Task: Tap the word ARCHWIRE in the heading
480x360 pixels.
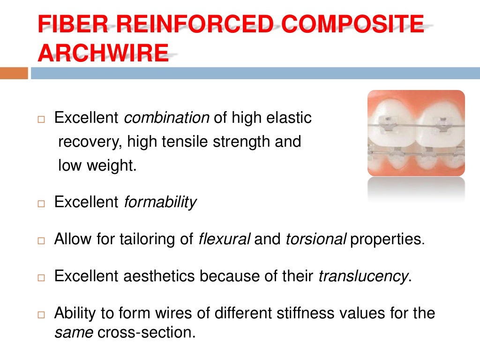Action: coord(103,53)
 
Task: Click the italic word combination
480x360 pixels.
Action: coord(166,118)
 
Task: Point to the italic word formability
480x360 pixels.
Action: coord(160,202)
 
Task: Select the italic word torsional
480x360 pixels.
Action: coord(315,239)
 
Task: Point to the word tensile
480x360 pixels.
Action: coord(187,142)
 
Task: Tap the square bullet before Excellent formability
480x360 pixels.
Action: coord(41,203)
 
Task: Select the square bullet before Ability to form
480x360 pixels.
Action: coord(41,314)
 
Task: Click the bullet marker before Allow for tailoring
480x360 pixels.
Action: coord(41,240)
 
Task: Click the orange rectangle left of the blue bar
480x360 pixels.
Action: coord(14,73)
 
